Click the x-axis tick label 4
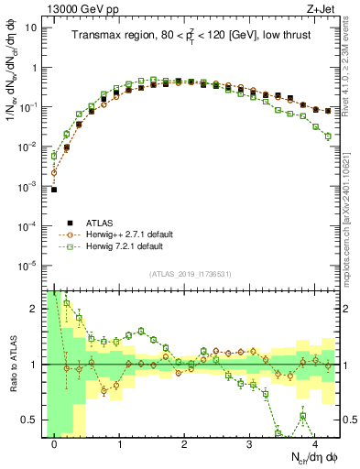click(x=314, y=444)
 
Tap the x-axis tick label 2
click(x=184, y=444)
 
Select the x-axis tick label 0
click(x=54, y=444)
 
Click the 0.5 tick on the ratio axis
click(x=30, y=420)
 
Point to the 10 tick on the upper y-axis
click(x=31, y=27)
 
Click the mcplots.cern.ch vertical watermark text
click(x=351, y=229)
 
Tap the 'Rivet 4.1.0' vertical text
click(x=351, y=73)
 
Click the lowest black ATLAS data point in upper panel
click(x=54, y=190)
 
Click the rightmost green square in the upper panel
click(x=327, y=136)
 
